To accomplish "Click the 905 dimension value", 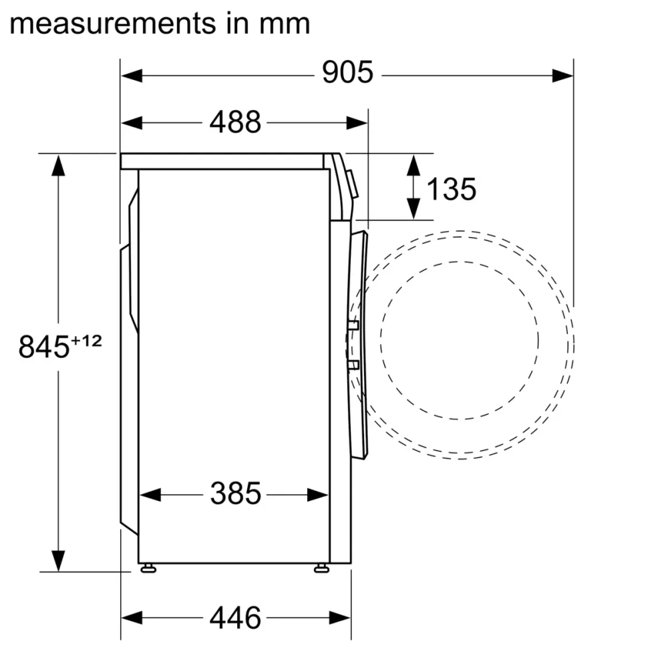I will (347, 73).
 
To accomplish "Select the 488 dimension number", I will (235, 122).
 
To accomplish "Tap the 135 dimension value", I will (451, 189).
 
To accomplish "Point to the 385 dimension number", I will (235, 494).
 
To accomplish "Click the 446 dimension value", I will (235, 618).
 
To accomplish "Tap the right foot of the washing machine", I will (321, 568).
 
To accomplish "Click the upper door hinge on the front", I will (353, 325).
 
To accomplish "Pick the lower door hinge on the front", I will (353, 364).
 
